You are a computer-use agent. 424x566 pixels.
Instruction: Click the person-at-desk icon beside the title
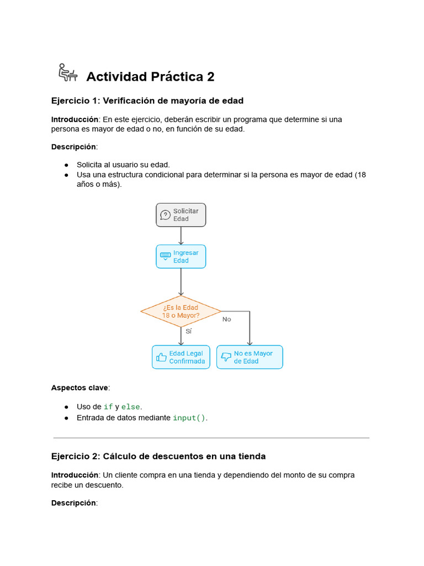coord(67,72)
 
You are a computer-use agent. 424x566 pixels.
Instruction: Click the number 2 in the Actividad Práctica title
coord(210,77)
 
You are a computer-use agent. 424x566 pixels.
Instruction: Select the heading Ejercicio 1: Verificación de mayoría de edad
coord(147,101)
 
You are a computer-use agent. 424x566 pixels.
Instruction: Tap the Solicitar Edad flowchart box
coord(181,215)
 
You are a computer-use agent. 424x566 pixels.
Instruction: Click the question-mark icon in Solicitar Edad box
coord(165,215)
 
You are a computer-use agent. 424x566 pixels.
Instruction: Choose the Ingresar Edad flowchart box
coord(181,256)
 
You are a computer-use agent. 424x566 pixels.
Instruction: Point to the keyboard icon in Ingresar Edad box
coord(165,256)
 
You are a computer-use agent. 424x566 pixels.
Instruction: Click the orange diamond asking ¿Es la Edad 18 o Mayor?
coord(181,311)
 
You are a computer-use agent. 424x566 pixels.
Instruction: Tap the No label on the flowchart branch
coord(226,319)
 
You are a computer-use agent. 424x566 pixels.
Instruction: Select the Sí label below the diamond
coord(188,332)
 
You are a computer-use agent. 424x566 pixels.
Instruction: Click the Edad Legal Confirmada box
coord(181,357)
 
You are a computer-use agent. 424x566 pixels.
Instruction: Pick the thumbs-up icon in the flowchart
coord(161,357)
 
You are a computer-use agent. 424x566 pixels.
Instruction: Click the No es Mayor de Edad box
coord(250,357)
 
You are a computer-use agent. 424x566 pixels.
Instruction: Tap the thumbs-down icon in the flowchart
coord(226,358)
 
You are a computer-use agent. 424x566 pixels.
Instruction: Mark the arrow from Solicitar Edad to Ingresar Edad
coord(181,235)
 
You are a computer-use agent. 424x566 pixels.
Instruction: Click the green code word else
coord(131,407)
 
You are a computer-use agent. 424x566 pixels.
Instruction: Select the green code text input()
coord(189,418)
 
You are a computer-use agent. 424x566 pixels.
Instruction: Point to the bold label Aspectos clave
coord(80,387)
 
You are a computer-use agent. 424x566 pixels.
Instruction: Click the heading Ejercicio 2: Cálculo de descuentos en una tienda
coord(158,457)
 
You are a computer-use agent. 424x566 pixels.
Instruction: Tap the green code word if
coord(108,407)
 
